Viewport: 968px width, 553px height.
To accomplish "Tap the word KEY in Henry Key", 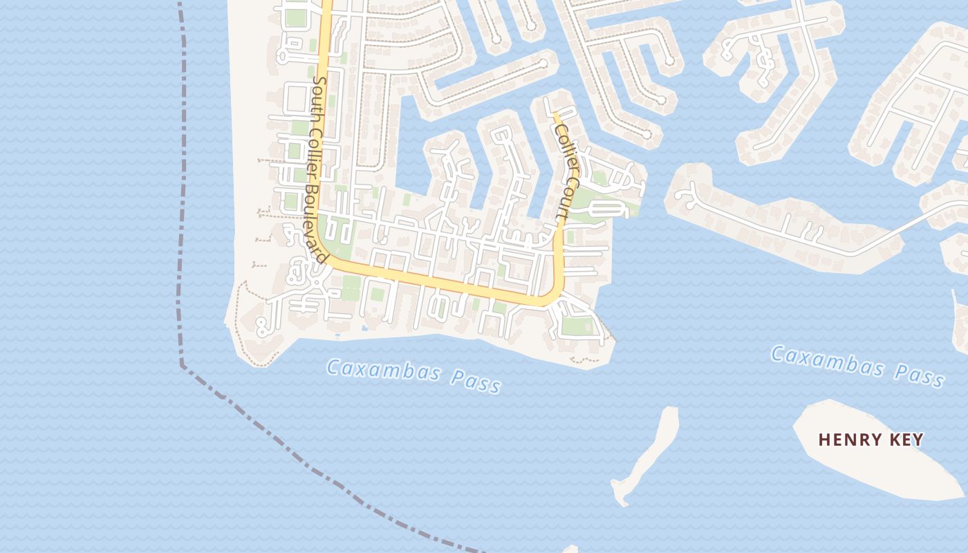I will pyautogui.click(x=907, y=440).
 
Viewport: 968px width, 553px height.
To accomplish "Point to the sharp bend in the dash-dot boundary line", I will pyautogui.click(x=182, y=365).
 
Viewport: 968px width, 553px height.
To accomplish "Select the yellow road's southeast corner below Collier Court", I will pyautogui.click(x=553, y=297).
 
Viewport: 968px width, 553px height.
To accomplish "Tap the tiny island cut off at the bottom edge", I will pyautogui.click(x=570, y=550).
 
